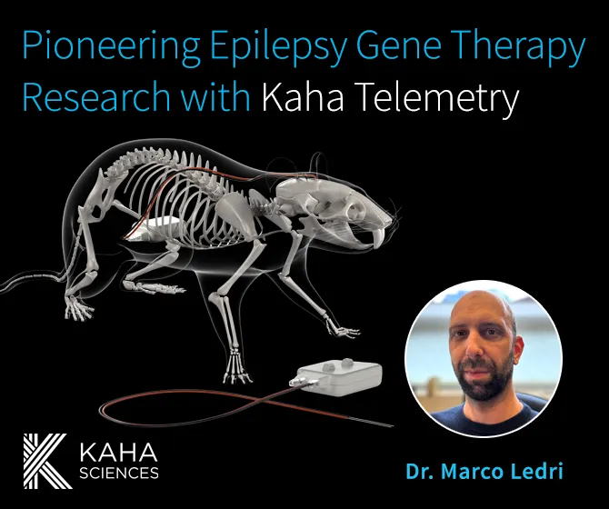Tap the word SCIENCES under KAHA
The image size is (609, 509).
[119, 472]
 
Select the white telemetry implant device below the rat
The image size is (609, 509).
[336, 379]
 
